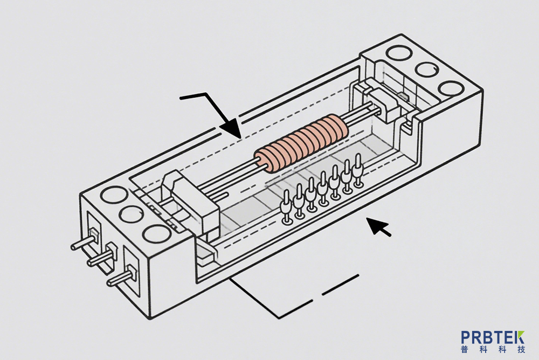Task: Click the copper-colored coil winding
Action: click(x=302, y=144)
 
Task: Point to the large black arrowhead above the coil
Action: click(x=232, y=128)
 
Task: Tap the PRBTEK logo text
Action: click(x=493, y=338)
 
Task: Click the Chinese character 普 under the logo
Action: click(x=466, y=350)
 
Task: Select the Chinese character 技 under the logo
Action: click(x=520, y=350)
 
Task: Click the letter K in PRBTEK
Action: click(x=519, y=338)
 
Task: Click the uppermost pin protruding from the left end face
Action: click(x=82, y=242)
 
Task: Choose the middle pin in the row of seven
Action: click(x=323, y=189)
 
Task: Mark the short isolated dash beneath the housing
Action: click(x=340, y=285)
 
